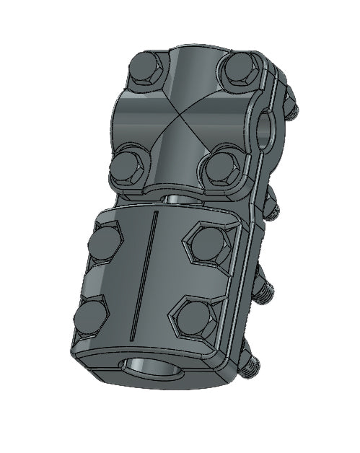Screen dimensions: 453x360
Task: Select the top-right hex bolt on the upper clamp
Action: pos(241,69)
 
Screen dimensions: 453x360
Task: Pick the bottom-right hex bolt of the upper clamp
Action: pos(220,167)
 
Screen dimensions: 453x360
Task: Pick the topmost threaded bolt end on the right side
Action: pos(290,106)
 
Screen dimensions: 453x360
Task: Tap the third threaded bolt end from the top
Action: pos(265,289)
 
